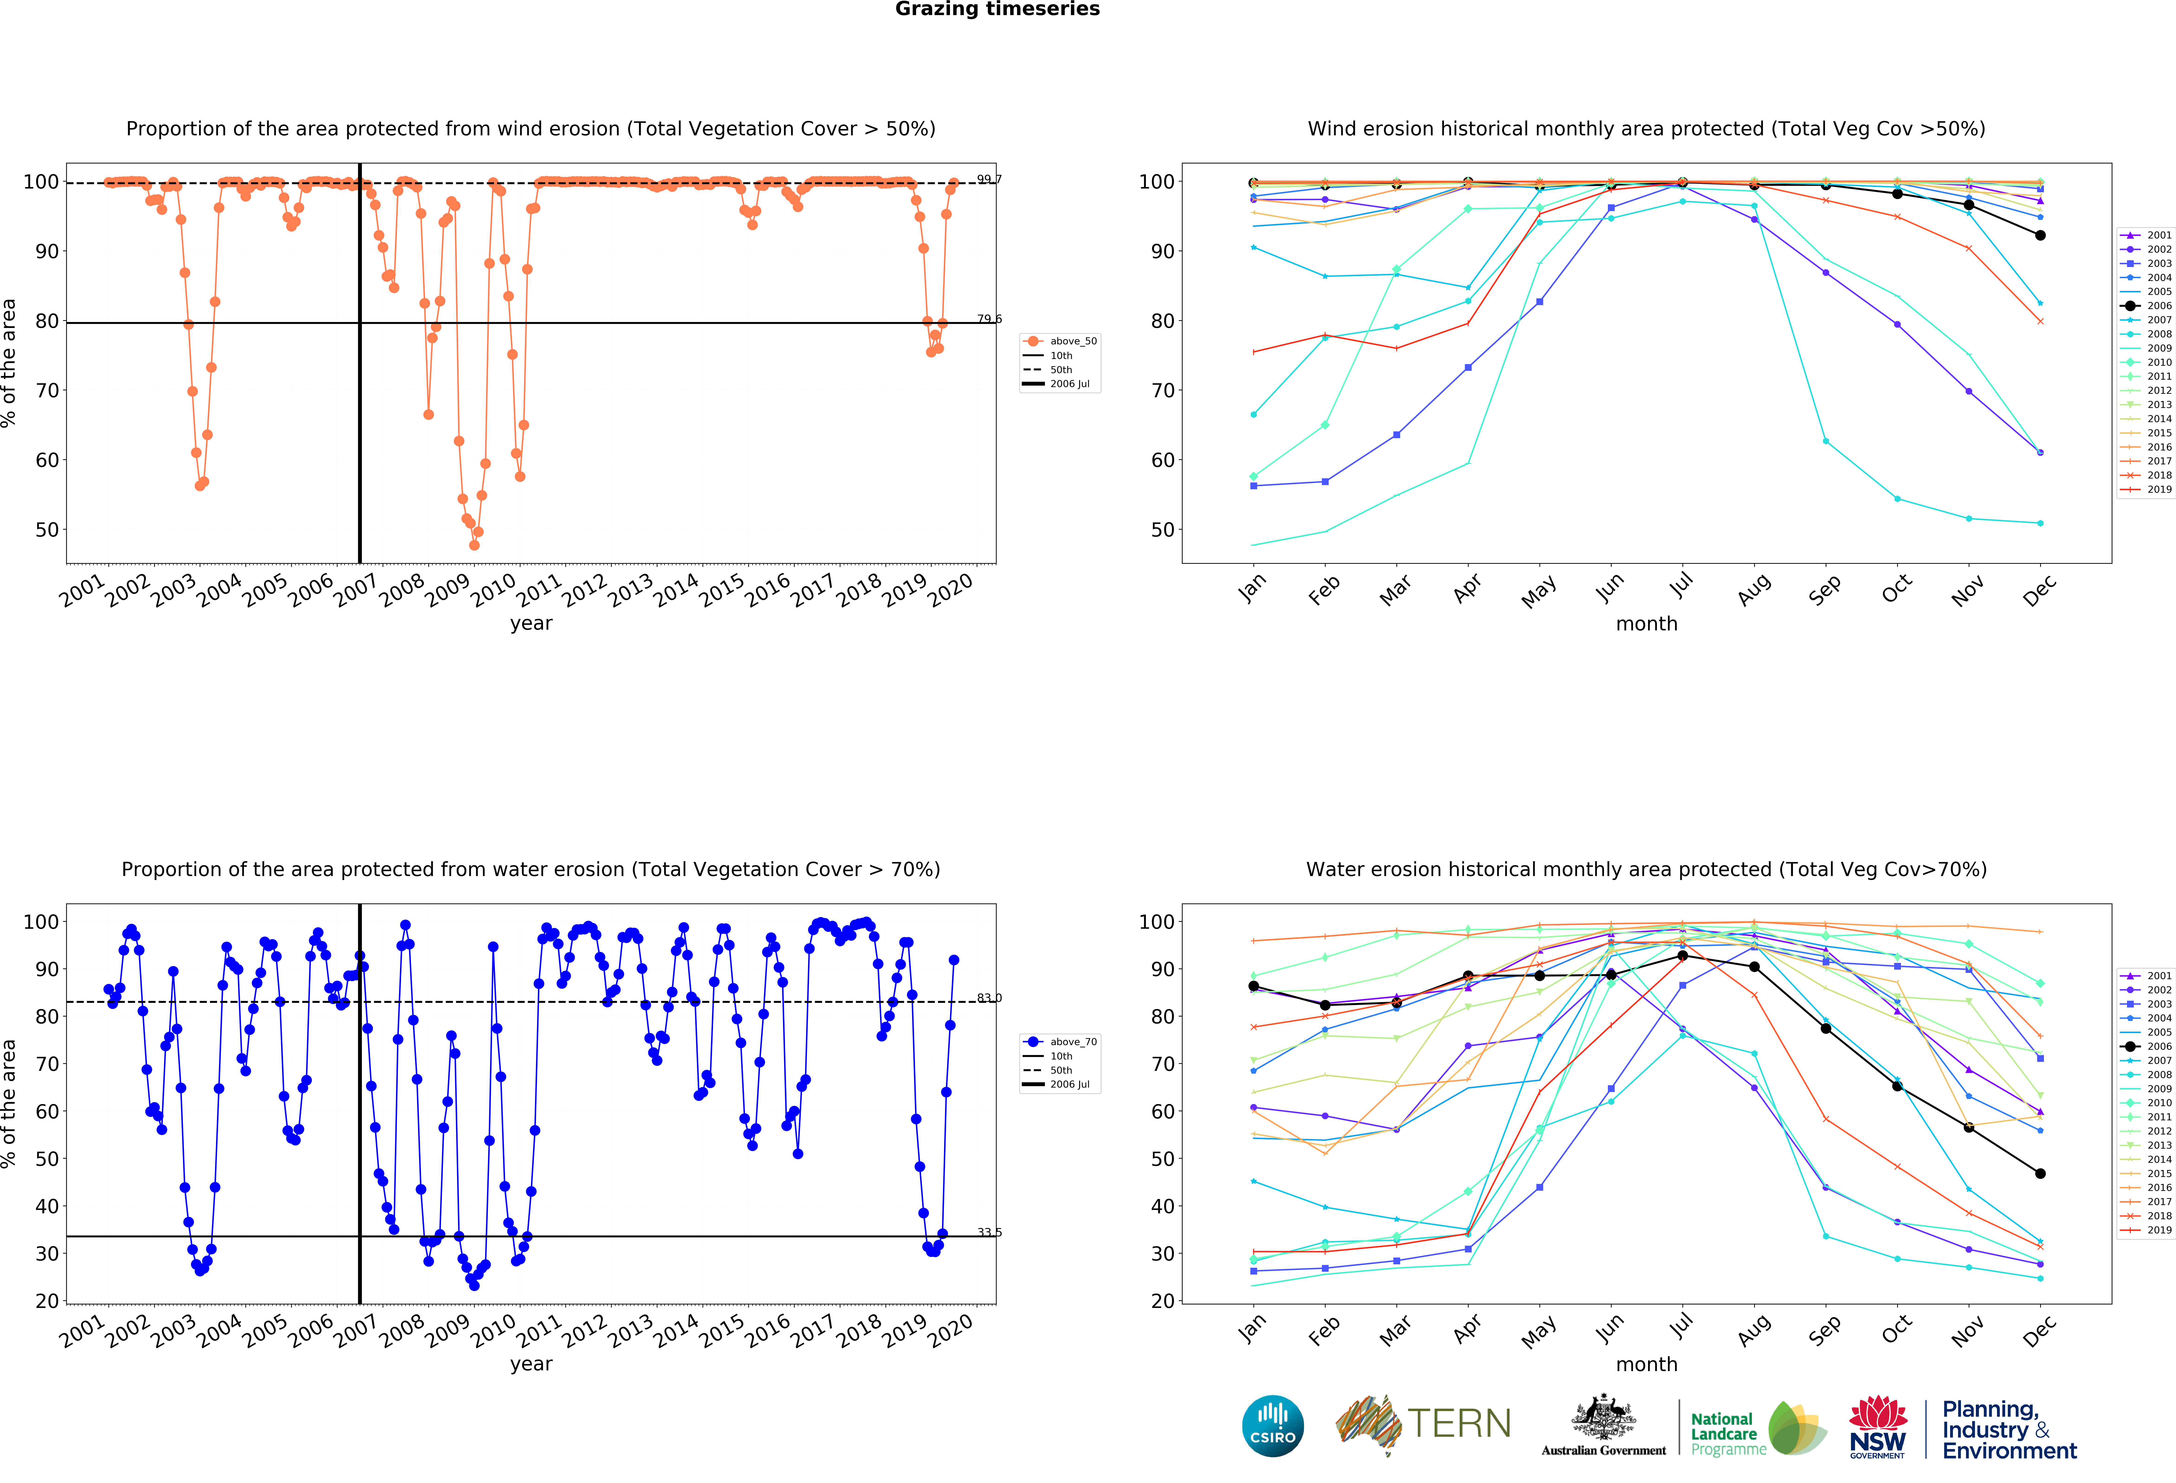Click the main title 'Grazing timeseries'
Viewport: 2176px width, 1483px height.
tap(997, 9)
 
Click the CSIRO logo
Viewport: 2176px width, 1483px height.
tap(1272, 1426)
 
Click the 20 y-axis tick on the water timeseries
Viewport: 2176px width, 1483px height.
tap(47, 1300)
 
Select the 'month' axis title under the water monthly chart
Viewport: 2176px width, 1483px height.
tap(1646, 1364)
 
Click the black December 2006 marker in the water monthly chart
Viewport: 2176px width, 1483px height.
tap(2040, 1173)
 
